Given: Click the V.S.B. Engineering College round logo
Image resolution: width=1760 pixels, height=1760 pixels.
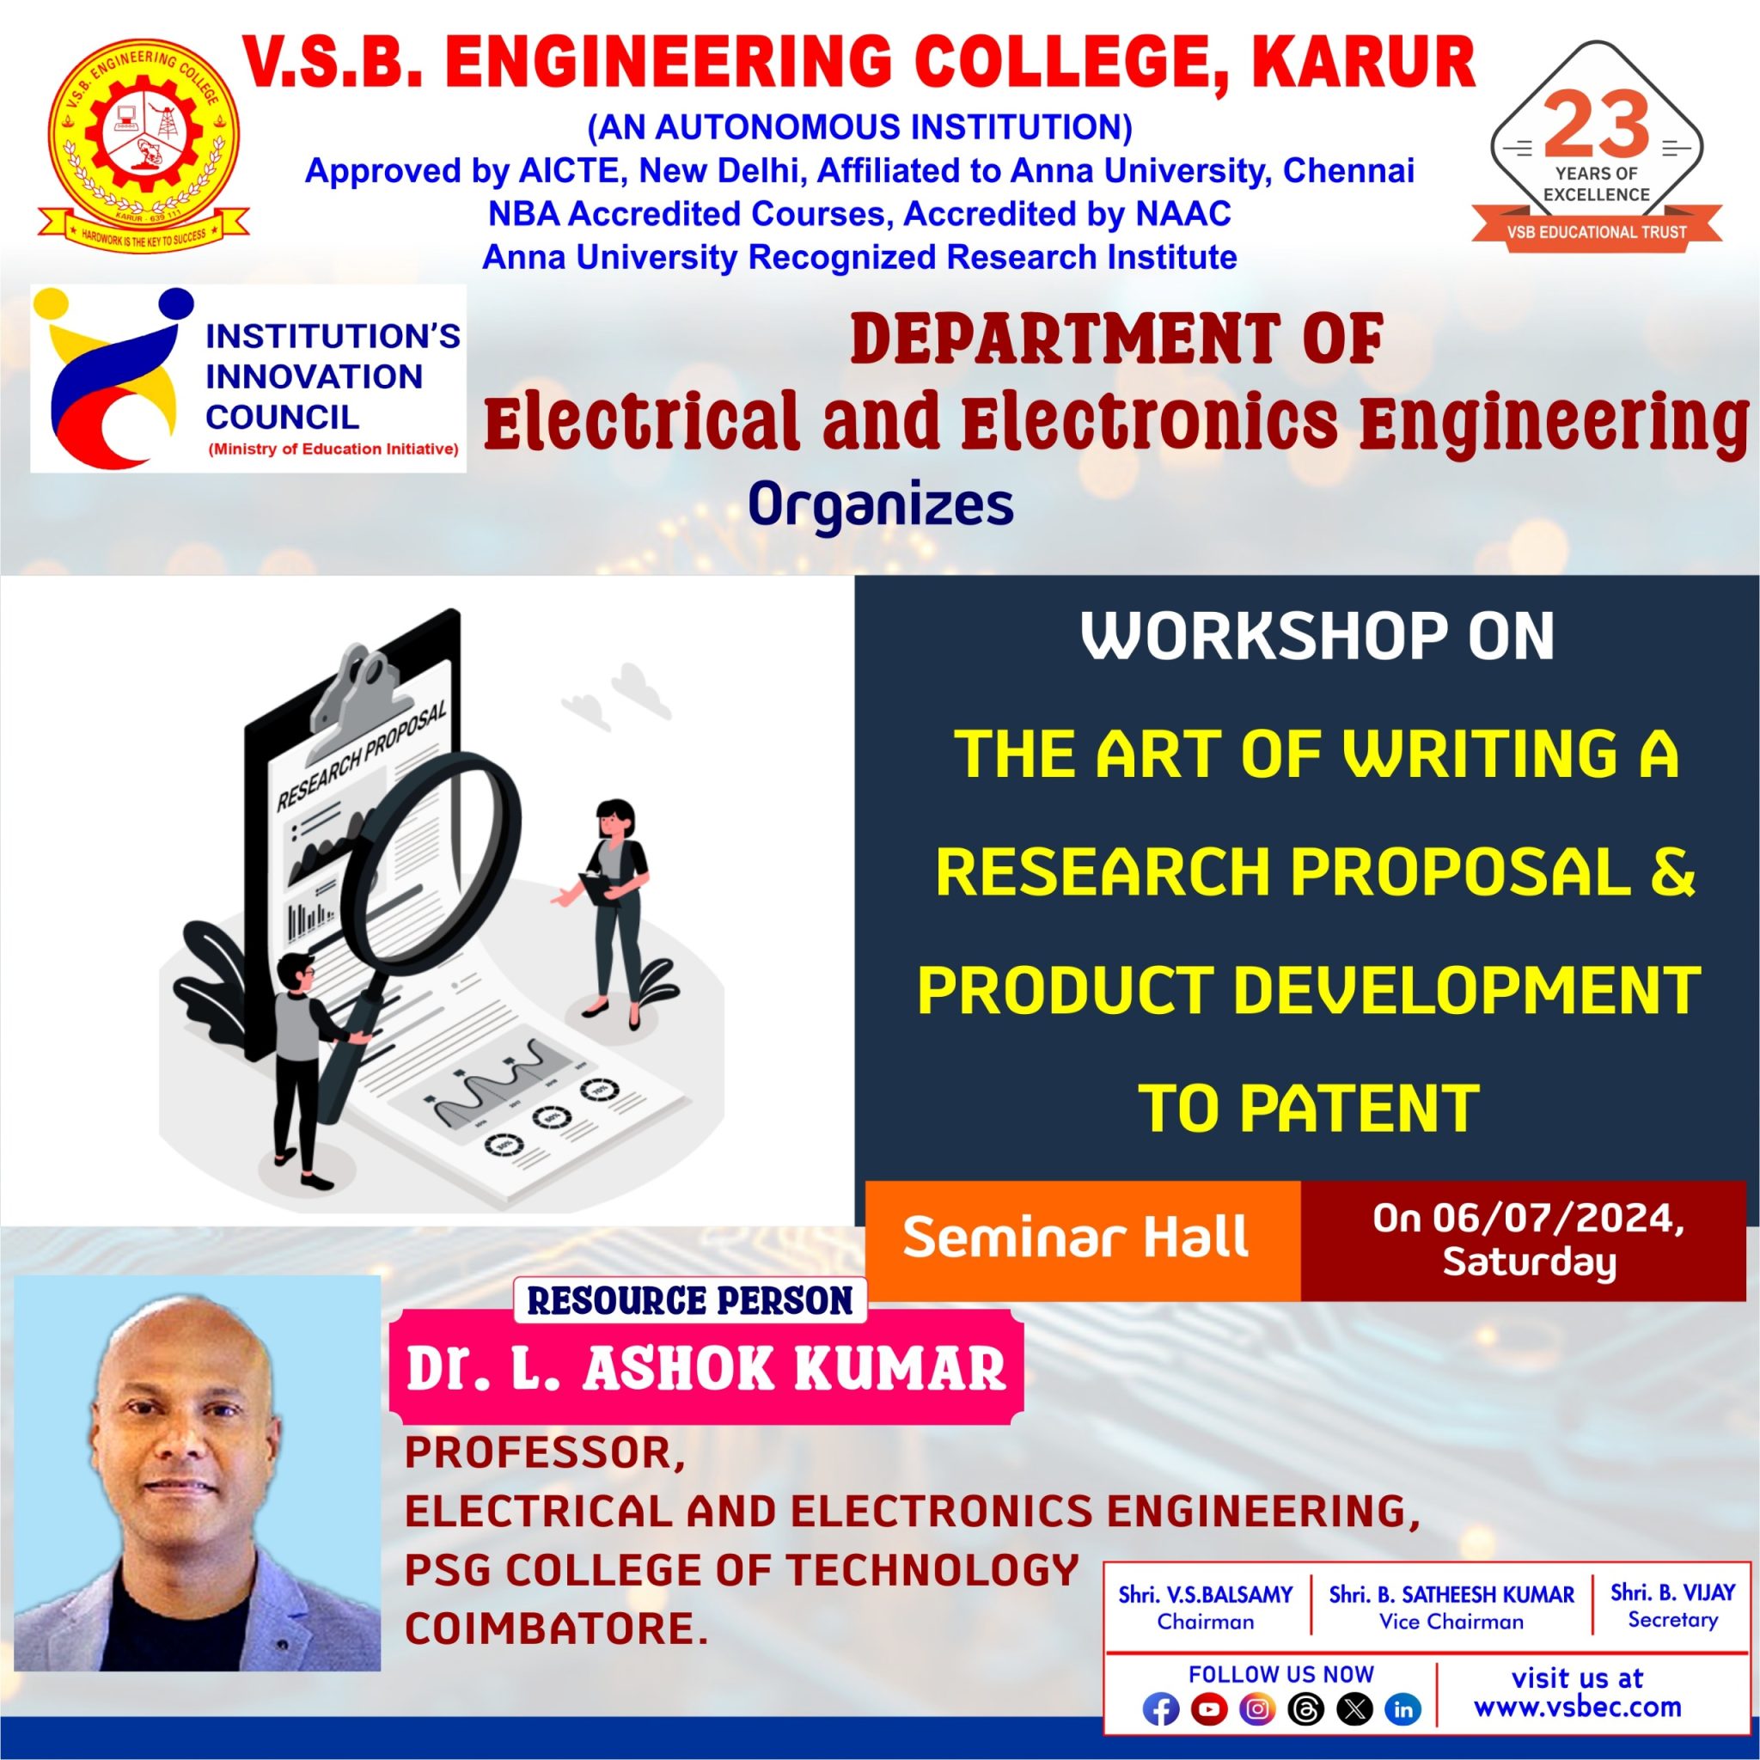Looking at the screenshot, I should click(143, 143).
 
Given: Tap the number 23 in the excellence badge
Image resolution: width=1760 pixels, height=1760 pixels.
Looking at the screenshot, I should click(1596, 125).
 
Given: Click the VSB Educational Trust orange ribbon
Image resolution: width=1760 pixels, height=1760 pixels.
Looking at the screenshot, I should click(1596, 231).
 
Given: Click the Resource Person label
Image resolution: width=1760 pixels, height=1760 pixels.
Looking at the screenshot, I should click(689, 1300).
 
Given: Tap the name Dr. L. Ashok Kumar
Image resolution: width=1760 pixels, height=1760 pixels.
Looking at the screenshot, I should click(706, 1368).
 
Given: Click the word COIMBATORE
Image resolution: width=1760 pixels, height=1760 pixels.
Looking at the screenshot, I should click(556, 1628).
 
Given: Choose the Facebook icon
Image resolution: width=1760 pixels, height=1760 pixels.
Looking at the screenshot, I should click(1159, 1709).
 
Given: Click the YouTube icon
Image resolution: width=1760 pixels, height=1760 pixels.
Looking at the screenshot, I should click(1208, 1709).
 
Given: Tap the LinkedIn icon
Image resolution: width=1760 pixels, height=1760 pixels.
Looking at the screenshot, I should click(1402, 1709).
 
